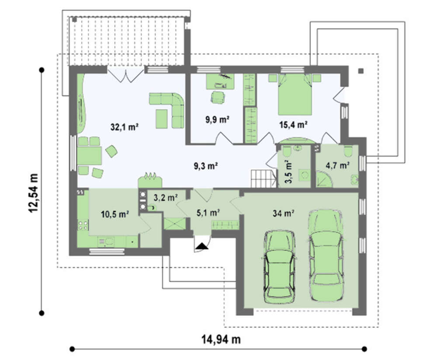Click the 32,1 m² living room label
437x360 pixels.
[x=125, y=127]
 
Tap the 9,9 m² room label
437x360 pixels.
[x=217, y=120]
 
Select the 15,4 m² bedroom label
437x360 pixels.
[x=293, y=125]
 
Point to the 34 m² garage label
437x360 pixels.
[x=284, y=213]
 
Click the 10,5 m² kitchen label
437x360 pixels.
[x=114, y=214]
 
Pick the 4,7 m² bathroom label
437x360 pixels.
[x=337, y=165]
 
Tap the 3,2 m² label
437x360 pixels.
[x=166, y=198]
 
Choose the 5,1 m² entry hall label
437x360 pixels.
[x=208, y=213]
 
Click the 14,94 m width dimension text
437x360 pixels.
[x=221, y=339]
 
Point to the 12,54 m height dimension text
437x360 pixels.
[x=34, y=193]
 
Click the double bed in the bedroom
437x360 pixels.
[x=295, y=94]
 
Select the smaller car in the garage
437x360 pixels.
[x=279, y=267]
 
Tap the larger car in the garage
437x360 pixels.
[x=326, y=255]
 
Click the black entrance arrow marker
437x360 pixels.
[x=202, y=246]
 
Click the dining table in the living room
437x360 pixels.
[x=90, y=156]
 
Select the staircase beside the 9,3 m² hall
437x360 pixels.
[x=264, y=179]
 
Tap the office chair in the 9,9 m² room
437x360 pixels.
[x=218, y=98]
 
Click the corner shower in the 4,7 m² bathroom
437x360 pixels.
[x=324, y=179]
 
